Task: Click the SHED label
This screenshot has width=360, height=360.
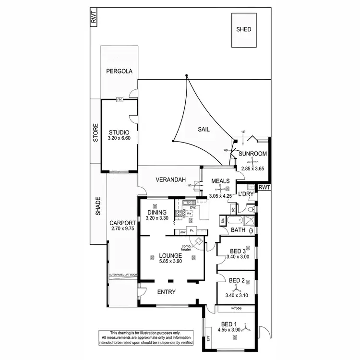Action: pos(243,29)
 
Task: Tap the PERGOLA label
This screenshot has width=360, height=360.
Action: pos(119,71)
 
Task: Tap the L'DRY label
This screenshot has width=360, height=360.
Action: pos(246,194)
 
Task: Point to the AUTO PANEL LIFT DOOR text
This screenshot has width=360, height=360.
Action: pos(123,275)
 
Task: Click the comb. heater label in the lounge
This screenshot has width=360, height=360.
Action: pos(187,248)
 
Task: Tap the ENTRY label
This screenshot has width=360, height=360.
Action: pos(166,292)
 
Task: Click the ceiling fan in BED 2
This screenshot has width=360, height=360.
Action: pos(237,288)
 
